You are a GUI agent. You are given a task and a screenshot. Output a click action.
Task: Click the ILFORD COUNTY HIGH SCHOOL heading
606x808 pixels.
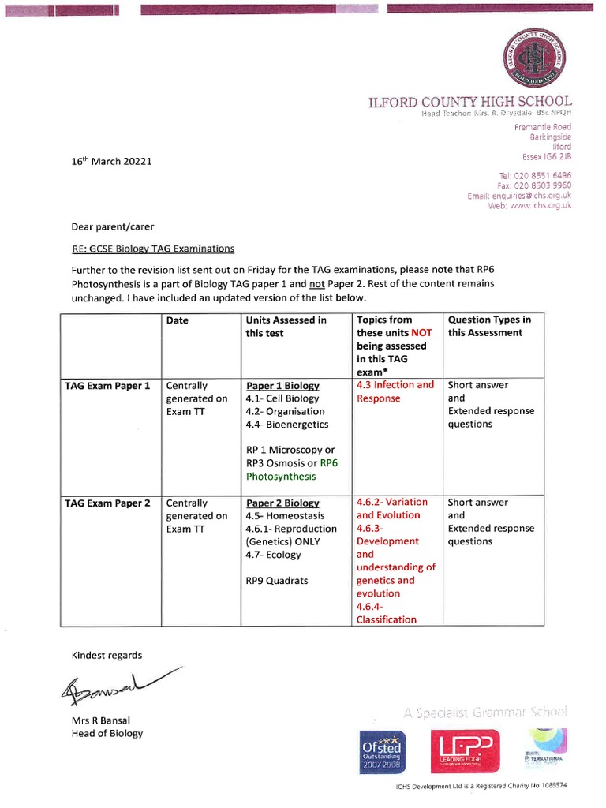click(x=470, y=102)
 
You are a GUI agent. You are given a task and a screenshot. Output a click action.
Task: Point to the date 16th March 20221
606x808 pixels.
click(x=111, y=161)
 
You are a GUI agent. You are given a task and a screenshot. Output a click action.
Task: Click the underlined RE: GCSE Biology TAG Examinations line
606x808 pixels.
click(x=153, y=249)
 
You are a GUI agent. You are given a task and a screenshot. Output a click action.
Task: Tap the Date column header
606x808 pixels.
click(x=178, y=320)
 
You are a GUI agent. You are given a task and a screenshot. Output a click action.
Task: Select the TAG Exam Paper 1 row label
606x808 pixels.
click(x=107, y=386)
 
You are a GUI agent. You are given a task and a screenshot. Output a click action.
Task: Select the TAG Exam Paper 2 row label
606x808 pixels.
click(x=107, y=503)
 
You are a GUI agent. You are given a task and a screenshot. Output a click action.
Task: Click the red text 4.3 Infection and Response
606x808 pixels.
click(x=395, y=391)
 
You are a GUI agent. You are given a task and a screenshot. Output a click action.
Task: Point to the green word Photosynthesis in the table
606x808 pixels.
click(x=281, y=477)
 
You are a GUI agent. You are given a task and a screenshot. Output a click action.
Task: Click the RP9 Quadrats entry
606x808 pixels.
click(x=277, y=581)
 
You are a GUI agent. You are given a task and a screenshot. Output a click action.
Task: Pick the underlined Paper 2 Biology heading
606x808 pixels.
click(x=282, y=503)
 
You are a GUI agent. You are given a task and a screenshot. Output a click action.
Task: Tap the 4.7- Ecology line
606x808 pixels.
click(x=273, y=555)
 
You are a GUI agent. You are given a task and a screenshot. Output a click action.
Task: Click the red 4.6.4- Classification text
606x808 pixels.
click(x=387, y=613)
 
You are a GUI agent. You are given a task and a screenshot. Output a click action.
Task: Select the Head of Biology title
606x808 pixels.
click(x=107, y=733)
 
